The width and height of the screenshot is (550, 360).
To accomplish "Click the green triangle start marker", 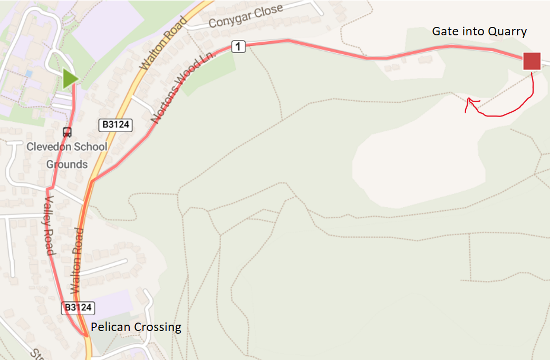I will [70, 79].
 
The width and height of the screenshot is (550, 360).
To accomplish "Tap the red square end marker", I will [532, 61].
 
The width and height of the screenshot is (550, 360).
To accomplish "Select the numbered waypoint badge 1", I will [239, 47].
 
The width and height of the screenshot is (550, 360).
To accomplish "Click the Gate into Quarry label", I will [479, 32].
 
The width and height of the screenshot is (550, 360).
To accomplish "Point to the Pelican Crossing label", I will [136, 327].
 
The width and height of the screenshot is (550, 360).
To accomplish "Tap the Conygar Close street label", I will [246, 16].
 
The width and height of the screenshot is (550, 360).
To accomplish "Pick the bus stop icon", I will [67, 131].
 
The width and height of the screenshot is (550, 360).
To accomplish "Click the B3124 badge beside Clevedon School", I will [115, 125].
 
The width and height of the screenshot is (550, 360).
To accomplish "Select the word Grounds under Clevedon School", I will [67, 164].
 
